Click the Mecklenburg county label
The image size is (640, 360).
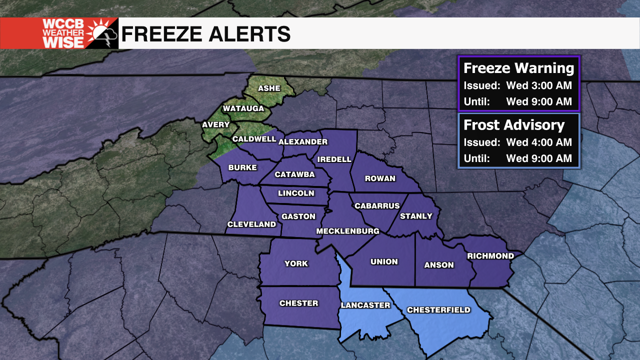(x=347, y=231)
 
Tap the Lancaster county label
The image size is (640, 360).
(x=365, y=305)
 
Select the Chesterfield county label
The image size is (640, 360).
(x=438, y=310)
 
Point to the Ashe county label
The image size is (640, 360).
(x=269, y=88)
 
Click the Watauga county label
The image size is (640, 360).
(x=243, y=108)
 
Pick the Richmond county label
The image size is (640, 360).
(x=490, y=256)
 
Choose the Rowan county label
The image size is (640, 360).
(x=380, y=178)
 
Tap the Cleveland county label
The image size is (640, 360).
(x=251, y=224)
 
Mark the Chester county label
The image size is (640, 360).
(x=298, y=303)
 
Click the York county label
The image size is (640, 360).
(x=296, y=263)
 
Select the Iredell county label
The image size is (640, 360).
(x=334, y=159)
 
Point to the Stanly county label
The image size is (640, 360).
(x=416, y=216)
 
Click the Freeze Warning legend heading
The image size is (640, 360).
(x=518, y=68)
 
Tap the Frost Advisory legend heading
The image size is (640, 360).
(x=514, y=125)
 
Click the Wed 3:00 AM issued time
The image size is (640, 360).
(x=538, y=85)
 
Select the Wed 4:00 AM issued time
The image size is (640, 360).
(x=538, y=142)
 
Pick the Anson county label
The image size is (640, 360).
(x=438, y=265)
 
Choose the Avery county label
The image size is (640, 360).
(x=215, y=124)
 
